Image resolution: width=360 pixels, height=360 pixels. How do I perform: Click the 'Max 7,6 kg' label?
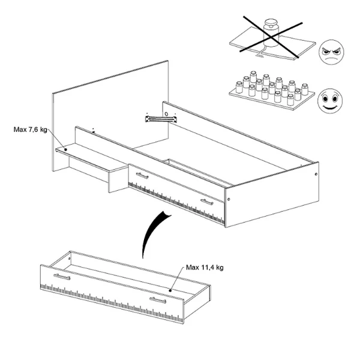click(x=28, y=128)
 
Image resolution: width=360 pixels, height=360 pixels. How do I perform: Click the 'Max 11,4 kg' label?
click(x=206, y=268)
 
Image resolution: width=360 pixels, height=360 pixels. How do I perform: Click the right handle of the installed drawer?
click(x=207, y=203)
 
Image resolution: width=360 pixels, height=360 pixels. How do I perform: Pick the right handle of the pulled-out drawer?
click(x=158, y=299)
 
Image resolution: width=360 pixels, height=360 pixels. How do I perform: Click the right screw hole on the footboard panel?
click(x=317, y=175)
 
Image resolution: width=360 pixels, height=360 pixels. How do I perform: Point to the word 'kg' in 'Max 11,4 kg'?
click(x=220, y=268)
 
